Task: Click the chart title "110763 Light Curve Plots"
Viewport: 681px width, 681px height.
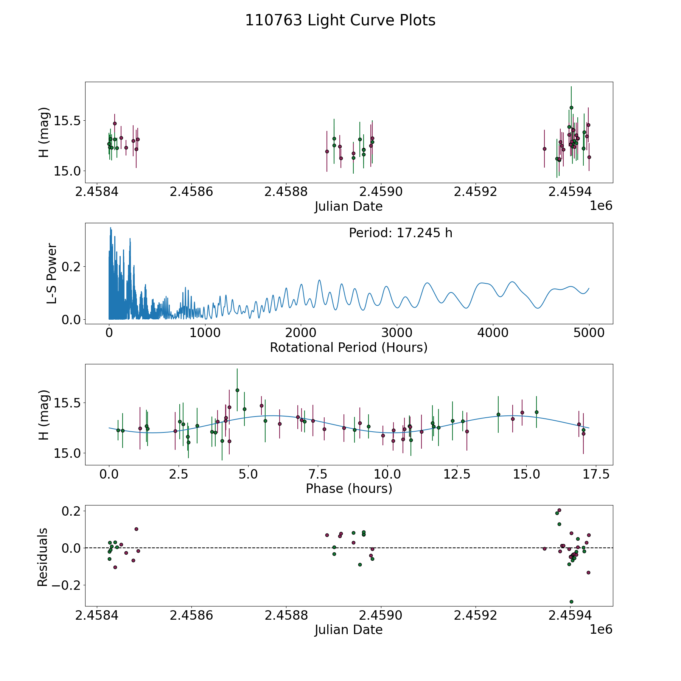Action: coord(340,20)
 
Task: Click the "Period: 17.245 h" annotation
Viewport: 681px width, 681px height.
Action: coord(400,233)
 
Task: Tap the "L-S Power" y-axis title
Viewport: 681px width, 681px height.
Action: coord(52,274)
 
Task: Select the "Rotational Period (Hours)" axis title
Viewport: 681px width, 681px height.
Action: coord(348,347)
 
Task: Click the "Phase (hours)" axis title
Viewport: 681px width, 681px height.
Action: coord(349,488)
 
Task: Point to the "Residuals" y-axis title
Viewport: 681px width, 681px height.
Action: coord(43,557)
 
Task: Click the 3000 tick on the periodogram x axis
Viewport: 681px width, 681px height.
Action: coord(396,333)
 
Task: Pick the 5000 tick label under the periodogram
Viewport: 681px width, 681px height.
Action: coord(589,333)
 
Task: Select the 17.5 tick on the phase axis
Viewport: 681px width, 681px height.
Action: coord(596,474)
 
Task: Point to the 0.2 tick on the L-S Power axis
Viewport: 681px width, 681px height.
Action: coord(72,267)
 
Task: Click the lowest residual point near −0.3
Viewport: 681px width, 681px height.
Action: coord(571,602)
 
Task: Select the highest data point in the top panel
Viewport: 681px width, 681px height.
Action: coord(571,107)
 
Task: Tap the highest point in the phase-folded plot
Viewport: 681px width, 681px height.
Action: coord(237,390)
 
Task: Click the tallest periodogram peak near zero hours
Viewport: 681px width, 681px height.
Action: coord(110,228)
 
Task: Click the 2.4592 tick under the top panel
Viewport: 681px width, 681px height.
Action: coord(475,192)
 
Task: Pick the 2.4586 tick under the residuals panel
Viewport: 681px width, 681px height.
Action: coord(191,615)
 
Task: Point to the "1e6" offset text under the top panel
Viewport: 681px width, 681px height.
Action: coord(601,206)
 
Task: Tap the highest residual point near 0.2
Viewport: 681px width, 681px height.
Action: coord(559,510)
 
